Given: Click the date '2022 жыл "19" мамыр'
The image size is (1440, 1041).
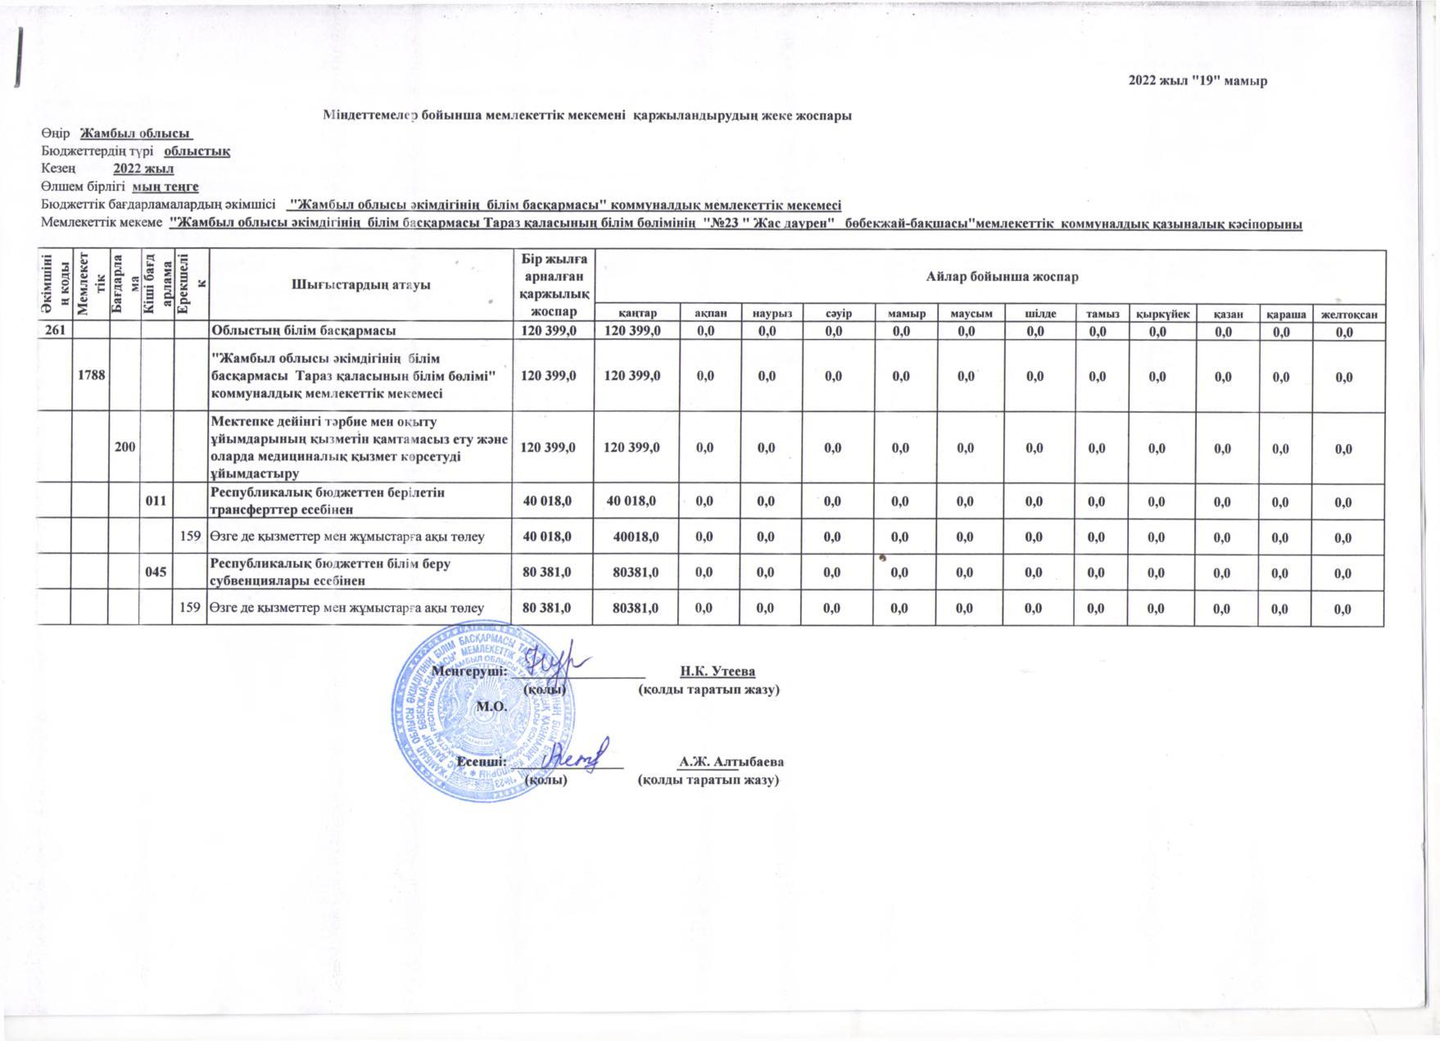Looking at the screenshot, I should (1198, 80).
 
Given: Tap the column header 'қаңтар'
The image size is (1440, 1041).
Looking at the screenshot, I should (637, 315).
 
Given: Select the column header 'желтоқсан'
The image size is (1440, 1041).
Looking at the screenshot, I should (1348, 315).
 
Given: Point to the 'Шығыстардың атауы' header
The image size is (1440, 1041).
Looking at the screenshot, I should (360, 285).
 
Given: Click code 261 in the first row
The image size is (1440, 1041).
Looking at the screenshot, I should (54, 331).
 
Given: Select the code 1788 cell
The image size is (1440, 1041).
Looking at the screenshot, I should (90, 376).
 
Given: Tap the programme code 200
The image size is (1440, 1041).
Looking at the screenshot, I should (125, 448).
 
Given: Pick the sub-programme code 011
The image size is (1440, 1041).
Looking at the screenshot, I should (156, 502).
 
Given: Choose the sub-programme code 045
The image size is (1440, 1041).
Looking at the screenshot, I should (156, 573).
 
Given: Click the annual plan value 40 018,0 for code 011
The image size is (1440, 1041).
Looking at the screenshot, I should (552, 501).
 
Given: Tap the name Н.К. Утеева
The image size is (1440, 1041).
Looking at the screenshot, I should (718, 672).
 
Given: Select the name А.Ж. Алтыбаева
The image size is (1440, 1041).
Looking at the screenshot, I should (731, 761).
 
